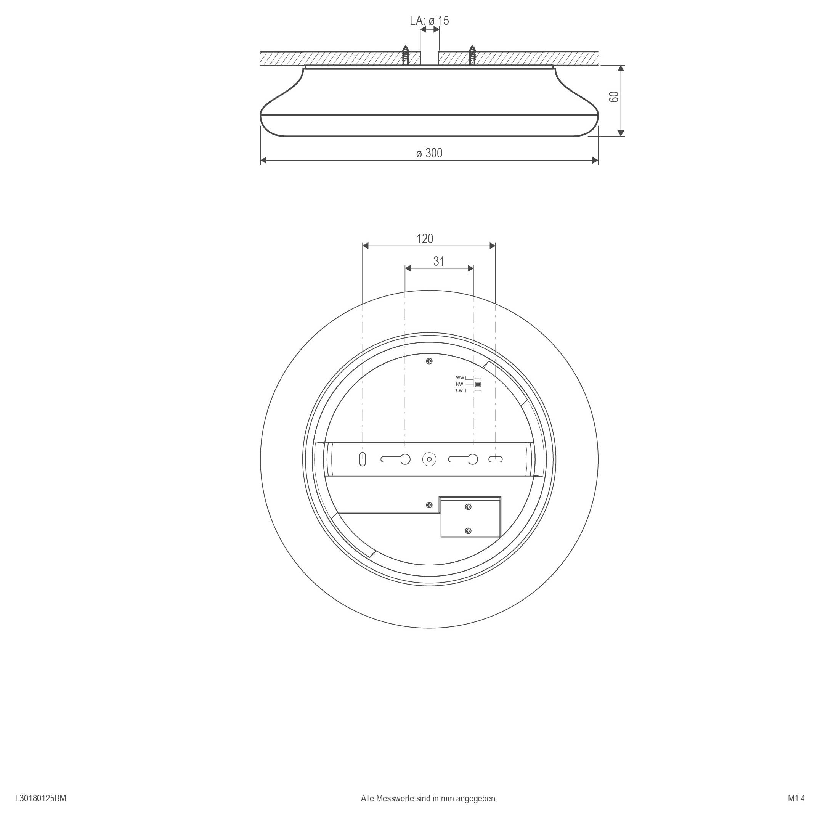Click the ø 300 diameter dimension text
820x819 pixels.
429,153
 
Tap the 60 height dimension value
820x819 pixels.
614,97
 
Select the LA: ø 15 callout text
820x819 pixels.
429,20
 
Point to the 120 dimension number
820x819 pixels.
424,239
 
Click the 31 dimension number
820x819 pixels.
439,262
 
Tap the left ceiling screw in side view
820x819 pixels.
405,55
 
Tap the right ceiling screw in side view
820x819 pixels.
472,55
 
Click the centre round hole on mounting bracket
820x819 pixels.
429,459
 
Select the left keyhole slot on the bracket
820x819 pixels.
396,459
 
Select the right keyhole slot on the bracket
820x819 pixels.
463,459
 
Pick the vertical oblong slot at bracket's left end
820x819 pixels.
363,459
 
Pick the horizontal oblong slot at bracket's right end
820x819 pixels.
496,459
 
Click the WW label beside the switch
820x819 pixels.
460,377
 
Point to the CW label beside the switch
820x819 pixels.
459,390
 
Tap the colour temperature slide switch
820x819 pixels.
478,384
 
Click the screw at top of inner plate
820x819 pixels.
430,361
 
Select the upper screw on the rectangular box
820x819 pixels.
468,506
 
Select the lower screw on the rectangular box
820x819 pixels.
468,530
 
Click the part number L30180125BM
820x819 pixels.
41,798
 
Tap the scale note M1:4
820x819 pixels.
796,798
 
